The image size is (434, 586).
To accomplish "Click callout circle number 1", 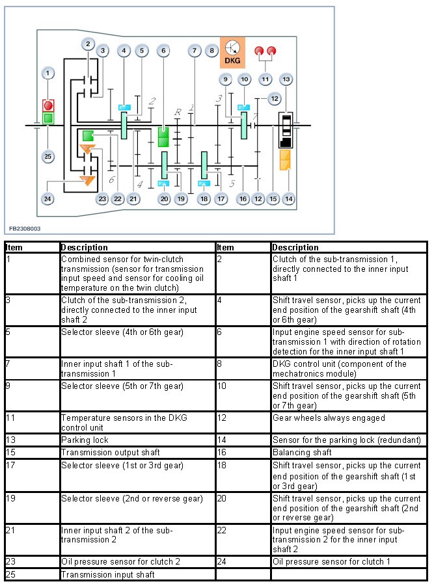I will coord(48,73).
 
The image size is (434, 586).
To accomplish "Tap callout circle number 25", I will coord(47,156).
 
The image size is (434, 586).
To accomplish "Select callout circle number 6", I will coord(163,50).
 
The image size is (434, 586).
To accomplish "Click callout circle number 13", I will coord(285,79).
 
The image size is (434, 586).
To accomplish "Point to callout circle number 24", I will coord(47,198).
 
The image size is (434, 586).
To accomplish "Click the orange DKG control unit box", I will coord(232,52).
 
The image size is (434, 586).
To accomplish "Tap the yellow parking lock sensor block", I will coord(285,160).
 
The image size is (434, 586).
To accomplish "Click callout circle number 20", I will coord(163,198).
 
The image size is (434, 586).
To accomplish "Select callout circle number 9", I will coord(225,79).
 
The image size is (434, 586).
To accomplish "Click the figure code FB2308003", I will coord(25,229).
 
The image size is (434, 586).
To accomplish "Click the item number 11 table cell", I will coord(32,422).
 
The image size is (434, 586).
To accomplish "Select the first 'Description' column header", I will coord(137,247).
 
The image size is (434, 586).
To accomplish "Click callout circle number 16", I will coord(243,198).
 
